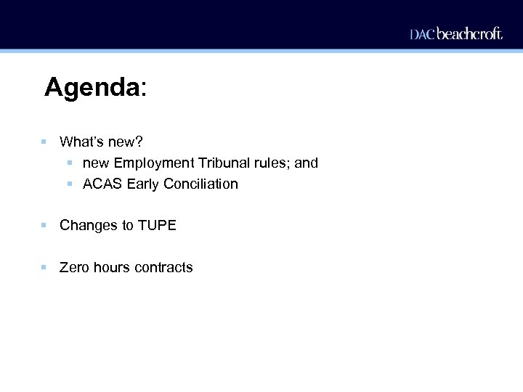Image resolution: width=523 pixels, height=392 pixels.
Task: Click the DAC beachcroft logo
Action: [x=455, y=33]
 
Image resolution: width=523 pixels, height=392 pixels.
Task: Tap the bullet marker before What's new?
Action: [x=44, y=142]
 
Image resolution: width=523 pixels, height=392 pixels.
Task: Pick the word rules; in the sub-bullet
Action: [x=270, y=163]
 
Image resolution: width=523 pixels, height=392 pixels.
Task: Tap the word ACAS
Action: [x=102, y=184]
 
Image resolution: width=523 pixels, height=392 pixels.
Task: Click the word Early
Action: [x=143, y=184]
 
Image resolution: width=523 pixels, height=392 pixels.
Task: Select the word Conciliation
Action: [x=200, y=184]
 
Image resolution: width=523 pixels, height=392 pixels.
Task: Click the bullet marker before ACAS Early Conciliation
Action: [x=70, y=184]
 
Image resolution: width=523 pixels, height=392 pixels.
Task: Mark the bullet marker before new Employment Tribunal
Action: [x=70, y=163]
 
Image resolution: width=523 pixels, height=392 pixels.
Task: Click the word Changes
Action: [x=87, y=226]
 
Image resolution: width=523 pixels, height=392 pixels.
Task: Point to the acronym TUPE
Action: [x=157, y=226]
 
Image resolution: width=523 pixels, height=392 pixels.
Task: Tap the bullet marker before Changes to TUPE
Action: [x=44, y=226]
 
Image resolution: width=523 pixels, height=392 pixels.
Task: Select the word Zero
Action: [x=74, y=268]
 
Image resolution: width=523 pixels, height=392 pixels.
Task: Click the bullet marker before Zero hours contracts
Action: [x=44, y=267]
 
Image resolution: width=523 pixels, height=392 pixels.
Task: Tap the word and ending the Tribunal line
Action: [x=306, y=163]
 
